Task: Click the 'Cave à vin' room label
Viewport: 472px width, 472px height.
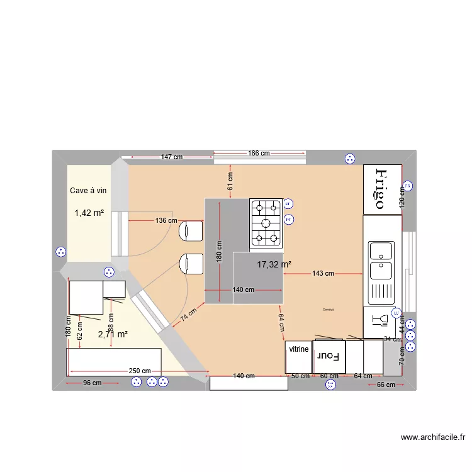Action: pos(89,190)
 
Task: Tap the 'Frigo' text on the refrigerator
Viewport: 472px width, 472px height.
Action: pos(380,189)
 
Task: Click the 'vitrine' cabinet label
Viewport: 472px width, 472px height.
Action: pos(299,349)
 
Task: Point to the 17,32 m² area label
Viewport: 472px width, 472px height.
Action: pos(274,265)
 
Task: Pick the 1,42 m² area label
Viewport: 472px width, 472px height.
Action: pos(89,213)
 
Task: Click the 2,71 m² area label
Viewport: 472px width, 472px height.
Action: pos(113,334)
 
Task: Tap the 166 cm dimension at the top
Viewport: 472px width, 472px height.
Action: pos(258,153)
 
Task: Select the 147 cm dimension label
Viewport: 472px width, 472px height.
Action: pos(171,157)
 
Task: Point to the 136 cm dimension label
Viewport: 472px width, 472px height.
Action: pos(166,220)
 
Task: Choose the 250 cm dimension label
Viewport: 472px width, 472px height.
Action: pos(139,371)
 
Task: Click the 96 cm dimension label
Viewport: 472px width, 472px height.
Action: pos(92,383)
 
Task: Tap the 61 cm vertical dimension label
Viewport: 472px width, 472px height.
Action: pos(230,181)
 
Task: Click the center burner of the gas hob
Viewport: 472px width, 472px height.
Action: pos(267,222)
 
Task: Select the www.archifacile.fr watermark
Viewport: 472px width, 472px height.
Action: pos(432,437)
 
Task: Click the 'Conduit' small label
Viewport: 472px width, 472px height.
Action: pos(328,310)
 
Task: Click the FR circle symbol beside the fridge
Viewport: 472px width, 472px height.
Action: pos(407,186)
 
